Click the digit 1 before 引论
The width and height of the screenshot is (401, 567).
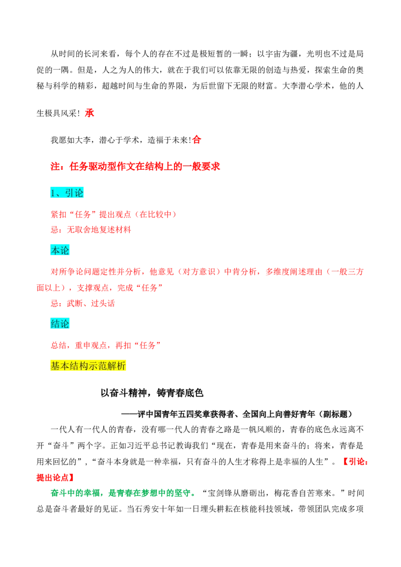point(53,193)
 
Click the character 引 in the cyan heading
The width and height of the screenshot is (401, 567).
point(70,193)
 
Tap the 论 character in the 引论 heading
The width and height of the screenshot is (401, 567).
point(79,193)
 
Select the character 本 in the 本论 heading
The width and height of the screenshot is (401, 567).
point(55,249)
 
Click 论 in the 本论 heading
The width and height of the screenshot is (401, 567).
point(65,249)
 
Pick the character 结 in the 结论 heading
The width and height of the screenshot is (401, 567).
point(55,324)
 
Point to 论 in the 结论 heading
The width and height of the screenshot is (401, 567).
point(65,324)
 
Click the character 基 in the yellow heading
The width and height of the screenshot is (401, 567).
point(55,366)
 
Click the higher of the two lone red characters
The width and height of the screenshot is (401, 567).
point(90,113)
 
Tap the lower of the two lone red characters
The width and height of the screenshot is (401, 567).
point(196,139)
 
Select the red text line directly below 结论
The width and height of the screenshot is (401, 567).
point(104,345)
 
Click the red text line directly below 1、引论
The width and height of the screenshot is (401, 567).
point(113,214)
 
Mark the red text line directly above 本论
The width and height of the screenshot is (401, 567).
point(90,230)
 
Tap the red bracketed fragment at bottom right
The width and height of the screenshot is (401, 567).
point(355,462)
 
